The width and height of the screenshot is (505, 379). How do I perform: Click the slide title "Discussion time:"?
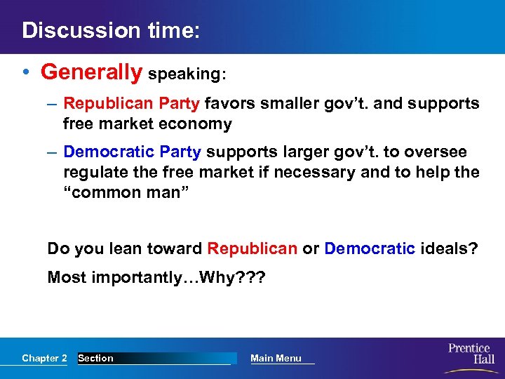[111, 30]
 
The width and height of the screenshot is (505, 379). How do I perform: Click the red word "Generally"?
[91, 72]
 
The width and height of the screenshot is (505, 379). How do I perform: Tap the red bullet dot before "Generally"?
[27, 72]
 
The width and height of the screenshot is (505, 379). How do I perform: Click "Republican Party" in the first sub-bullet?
[132, 104]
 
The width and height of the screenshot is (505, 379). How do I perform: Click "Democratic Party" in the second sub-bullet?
[132, 152]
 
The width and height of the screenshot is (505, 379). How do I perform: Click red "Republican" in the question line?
[252, 248]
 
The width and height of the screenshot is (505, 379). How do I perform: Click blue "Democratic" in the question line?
[370, 248]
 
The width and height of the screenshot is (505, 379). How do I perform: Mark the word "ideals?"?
[449, 248]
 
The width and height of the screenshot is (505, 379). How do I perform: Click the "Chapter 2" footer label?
[44, 358]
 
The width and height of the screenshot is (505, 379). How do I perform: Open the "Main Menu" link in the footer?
[276, 358]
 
